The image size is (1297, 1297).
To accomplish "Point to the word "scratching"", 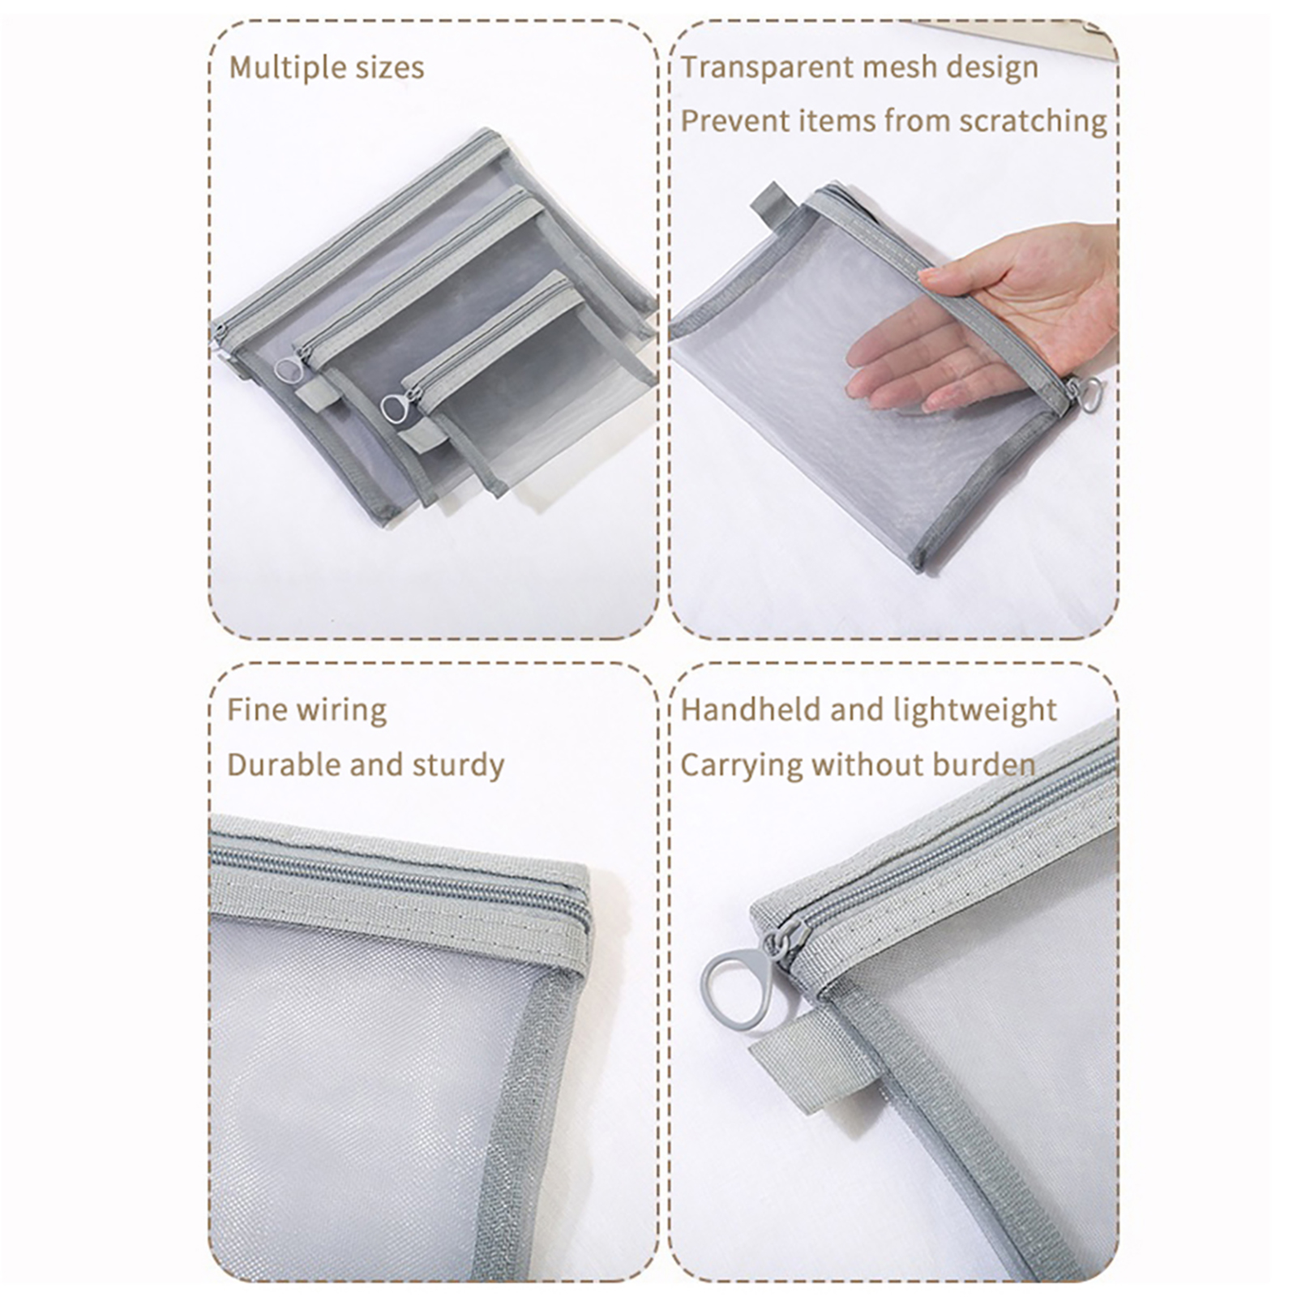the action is tap(1032, 122).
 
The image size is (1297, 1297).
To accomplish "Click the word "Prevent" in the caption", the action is tap(734, 122).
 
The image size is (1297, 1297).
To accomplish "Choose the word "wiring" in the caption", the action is tap(344, 711).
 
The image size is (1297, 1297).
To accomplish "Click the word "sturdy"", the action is tap(458, 766).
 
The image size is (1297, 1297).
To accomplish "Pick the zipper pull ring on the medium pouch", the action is tap(287, 370).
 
